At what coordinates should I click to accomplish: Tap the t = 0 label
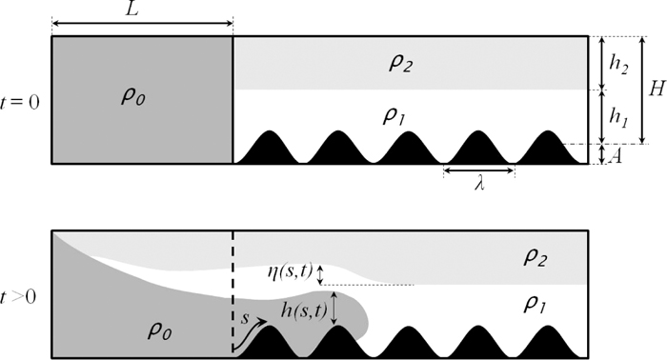(22, 98)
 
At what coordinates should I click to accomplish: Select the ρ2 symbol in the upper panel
(398, 63)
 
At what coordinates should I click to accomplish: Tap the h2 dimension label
(617, 63)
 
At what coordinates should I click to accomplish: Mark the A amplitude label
(617, 156)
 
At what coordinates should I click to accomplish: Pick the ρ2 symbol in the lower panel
(533, 257)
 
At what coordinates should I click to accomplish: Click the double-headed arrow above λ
(479, 172)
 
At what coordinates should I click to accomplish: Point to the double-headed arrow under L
(141, 23)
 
